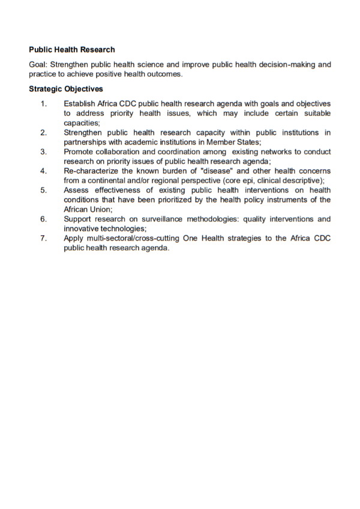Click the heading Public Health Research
point(71,50)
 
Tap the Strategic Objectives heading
point(66,89)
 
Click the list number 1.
point(43,104)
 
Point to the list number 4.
point(43,171)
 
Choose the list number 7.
point(43,238)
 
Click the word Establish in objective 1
point(80,104)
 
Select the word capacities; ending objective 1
point(82,122)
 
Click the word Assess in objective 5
point(77,190)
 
